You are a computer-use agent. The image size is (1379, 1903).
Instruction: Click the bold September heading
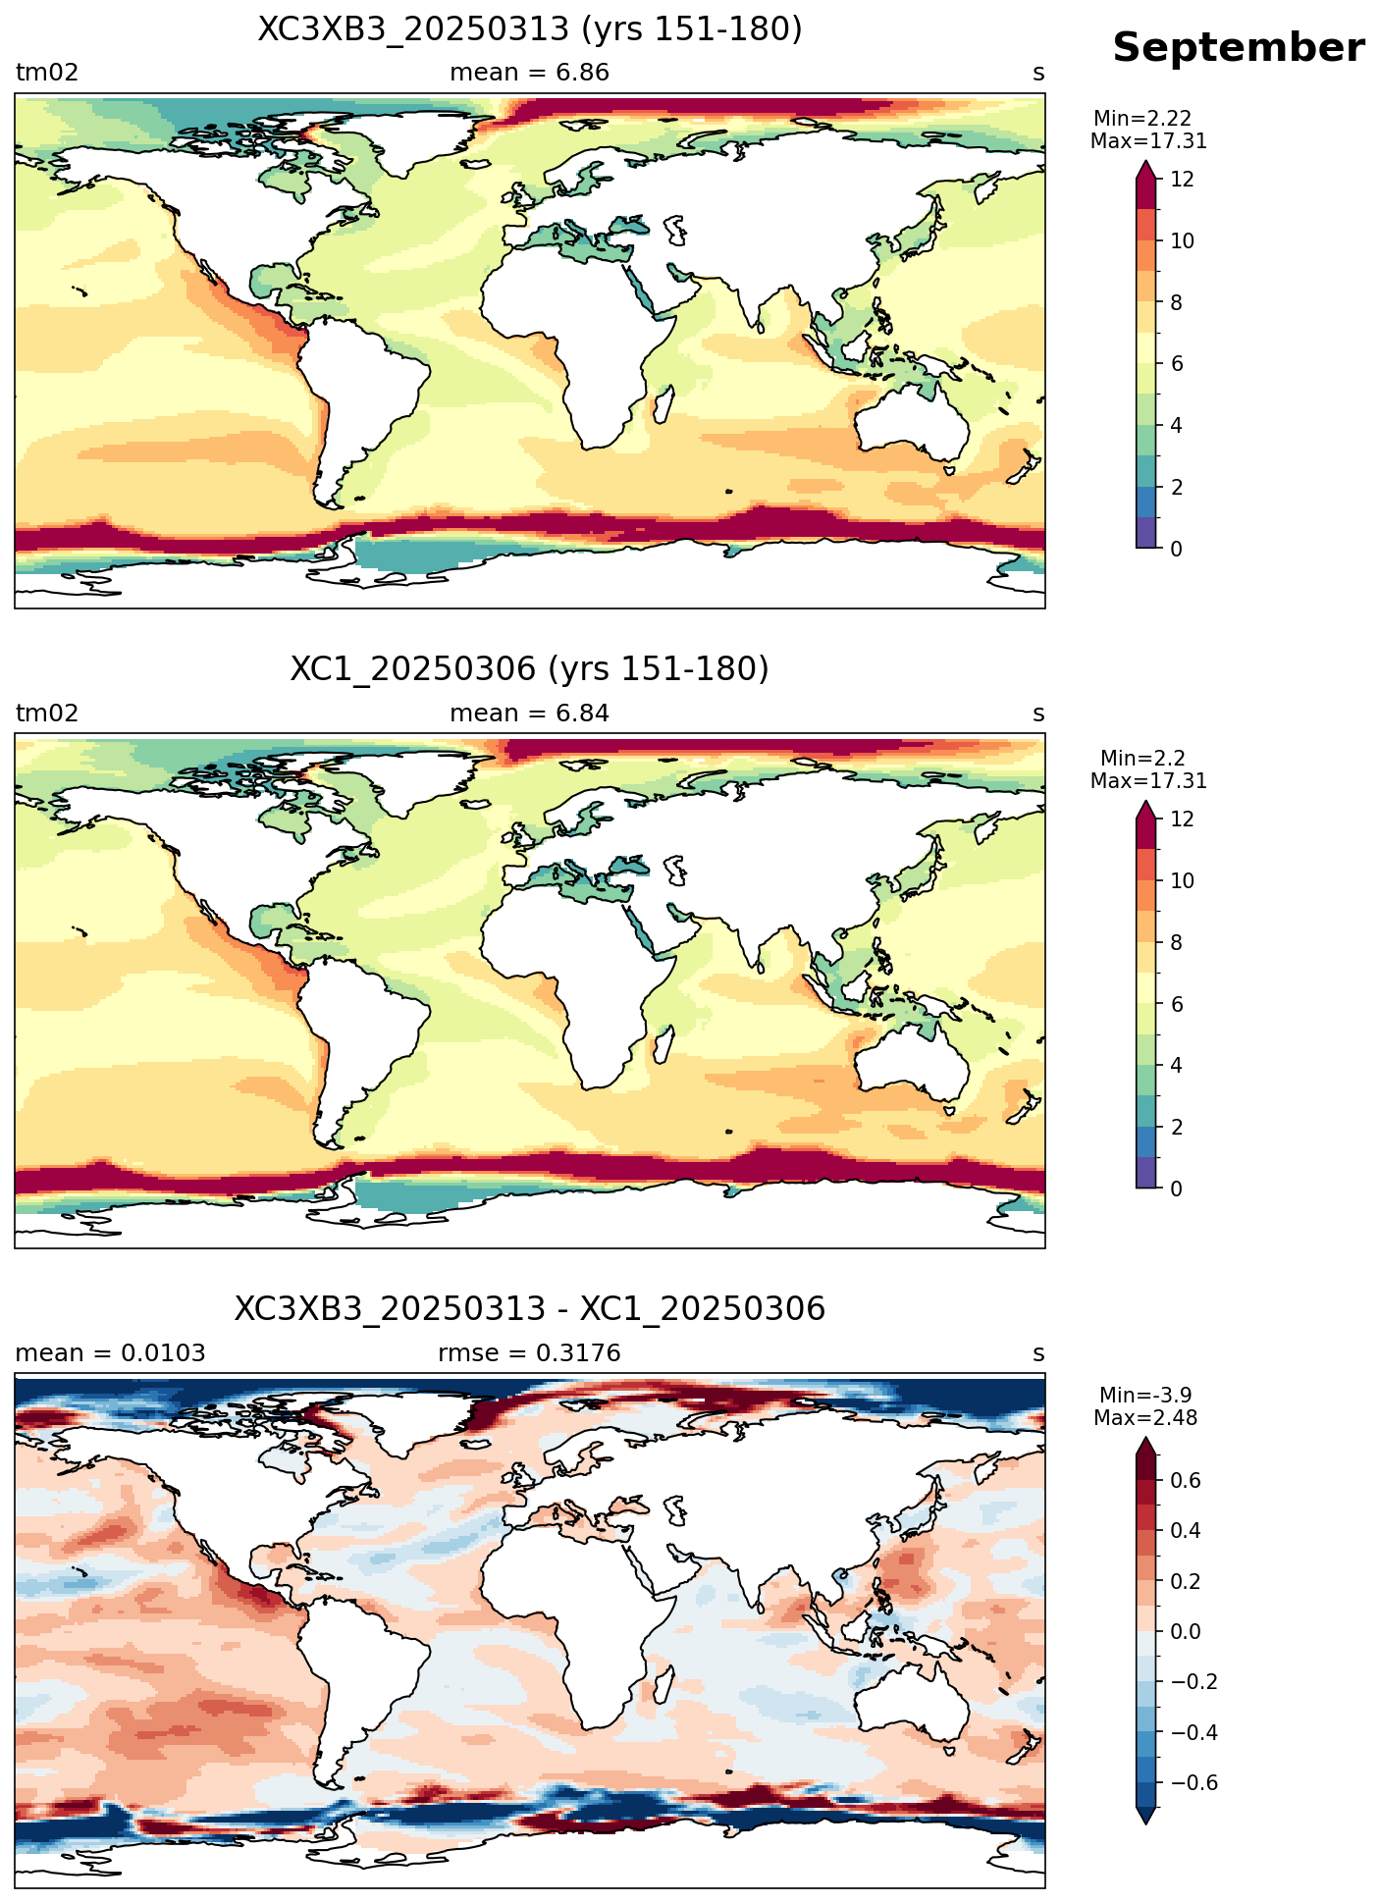pyautogui.click(x=1238, y=48)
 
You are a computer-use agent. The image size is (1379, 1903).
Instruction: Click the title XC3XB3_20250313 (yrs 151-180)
pyautogui.click(x=530, y=29)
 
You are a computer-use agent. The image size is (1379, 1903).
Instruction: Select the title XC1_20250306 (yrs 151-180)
pyautogui.click(x=530, y=669)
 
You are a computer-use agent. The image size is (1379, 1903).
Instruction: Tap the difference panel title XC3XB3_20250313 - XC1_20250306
pyautogui.click(x=530, y=1309)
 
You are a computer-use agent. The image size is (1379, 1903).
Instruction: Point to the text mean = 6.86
pyautogui.click(x=530, y=73)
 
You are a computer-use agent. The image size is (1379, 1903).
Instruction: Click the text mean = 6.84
pyautogui.click(x=530, y=714)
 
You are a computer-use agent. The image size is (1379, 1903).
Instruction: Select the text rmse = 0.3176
pyautogui.click(x=530, y=1353)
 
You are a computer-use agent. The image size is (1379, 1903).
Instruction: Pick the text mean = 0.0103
pyautogui.click(x=111, y=1353)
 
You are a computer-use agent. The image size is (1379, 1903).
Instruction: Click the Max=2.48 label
pyautogui.click(x=1145, y=1418)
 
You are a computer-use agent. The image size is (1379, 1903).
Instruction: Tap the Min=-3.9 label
pyautogui.click(x=1145, y=1396)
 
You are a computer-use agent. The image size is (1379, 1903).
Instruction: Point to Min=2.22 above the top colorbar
pyautogui.click(x=1143, y=120)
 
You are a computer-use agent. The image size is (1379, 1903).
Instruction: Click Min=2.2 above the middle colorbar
pyautogui.click(x=1143, y=759)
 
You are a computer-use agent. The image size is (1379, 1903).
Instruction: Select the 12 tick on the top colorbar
pyautogui.click(x=1183, y=180)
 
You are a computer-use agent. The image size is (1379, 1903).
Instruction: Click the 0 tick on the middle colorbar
pyautogui.click(x=1177, y=1189)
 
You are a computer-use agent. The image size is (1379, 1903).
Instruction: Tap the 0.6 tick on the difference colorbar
pyautogui.click(x=1186, y=1481)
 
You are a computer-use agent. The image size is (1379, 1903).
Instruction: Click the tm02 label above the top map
pyautogui.click(x=47, y=73)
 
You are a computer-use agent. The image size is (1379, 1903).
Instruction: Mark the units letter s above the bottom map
pyautogui.click(x=1038, y=1354)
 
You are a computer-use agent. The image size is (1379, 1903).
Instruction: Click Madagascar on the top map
pyautogui.click(x=663, y=404)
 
